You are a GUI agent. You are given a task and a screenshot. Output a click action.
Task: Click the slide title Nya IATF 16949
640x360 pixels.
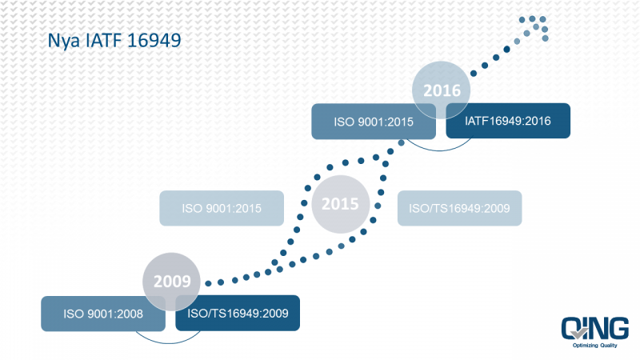(x=114, y=41)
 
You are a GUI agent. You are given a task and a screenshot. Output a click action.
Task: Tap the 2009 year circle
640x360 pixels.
(x=171, y=282)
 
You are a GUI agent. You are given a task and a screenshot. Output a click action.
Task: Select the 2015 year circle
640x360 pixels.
(x=341, y=204)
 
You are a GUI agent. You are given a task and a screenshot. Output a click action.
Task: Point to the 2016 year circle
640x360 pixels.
(x=442, y=90)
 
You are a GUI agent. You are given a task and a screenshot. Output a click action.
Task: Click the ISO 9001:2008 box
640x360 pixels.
(x=103, y=314)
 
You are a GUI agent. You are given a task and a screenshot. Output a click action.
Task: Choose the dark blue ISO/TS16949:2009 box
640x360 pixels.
(x=238, y=313)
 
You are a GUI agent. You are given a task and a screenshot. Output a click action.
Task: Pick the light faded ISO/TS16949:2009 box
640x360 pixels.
(x=459, y=208)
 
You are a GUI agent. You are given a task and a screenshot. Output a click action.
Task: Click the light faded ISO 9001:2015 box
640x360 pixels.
(x=222, y=208)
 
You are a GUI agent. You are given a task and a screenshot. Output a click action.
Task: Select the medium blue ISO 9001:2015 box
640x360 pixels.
(x=374, y=122)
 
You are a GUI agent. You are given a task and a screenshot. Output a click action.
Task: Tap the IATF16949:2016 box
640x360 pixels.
(x=508, y=121)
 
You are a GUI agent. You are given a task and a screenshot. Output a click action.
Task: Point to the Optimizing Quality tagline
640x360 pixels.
(x=594, y=346)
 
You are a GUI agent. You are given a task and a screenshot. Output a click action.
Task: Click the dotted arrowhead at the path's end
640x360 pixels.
(x=534, y=28)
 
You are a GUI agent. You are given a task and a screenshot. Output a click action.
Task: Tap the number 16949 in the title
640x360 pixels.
(x=154, y=41)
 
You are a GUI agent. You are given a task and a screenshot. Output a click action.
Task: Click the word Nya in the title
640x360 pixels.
(x=63, y=42)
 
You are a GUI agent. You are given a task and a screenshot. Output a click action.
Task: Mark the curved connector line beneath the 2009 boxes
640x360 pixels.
(x=168, y=342)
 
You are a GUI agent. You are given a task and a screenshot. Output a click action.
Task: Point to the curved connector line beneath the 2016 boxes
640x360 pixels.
(x=439, y=150)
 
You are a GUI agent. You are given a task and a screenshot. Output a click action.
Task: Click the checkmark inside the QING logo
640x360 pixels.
(x=580, y=333)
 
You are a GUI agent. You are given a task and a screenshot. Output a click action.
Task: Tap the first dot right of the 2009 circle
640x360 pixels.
(x=208, y=283)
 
